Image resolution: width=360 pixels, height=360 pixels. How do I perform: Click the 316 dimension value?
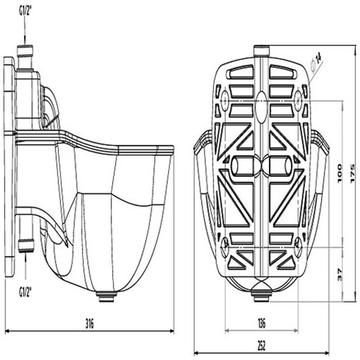click(90, 324)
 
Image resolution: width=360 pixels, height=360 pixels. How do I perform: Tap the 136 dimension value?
click(261, 323)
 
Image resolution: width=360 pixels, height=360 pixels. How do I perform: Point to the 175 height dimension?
click(352, 172)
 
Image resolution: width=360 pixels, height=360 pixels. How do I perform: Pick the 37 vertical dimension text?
click(339, 274)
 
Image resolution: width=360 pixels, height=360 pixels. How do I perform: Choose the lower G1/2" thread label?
click(25, 292)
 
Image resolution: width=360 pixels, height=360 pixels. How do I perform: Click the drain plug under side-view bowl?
click(107, 297)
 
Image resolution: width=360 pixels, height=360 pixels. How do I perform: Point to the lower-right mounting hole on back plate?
click(297, 246)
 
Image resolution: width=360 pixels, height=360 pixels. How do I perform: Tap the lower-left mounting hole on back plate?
click(225, 246)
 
